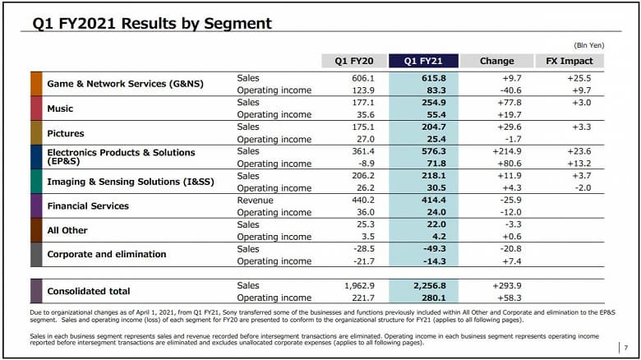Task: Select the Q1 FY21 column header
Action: tap(425, 61)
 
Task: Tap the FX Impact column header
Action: tap(570, 61)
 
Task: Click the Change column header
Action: tap(496, 61)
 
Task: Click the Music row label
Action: tap(60, 108)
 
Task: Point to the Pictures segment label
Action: tap(66, 133)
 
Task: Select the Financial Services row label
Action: tap(88, 205)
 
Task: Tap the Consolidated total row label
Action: tap(90, 291)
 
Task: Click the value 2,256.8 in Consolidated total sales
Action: tap(428, 285)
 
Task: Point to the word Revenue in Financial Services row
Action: tap(255, 200)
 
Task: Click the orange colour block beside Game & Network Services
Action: tap(36, 84)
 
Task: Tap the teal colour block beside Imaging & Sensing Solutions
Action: tap(36, 182)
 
